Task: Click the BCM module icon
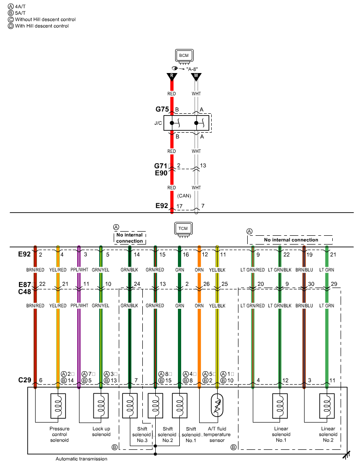pyautogui.click(x=184, y=56)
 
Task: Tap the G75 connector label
pyautogui.click(x=162, y=110)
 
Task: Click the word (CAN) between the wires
pyautogui.click(x=184, y=196)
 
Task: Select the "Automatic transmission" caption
pyautogui.click(x=81, y=459)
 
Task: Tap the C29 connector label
pyautogui.click(x=24, y=380)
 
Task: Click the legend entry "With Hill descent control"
pyautogui.click(x=45, y=26)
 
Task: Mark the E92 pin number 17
pyautogui.click(x=180, y=206)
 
